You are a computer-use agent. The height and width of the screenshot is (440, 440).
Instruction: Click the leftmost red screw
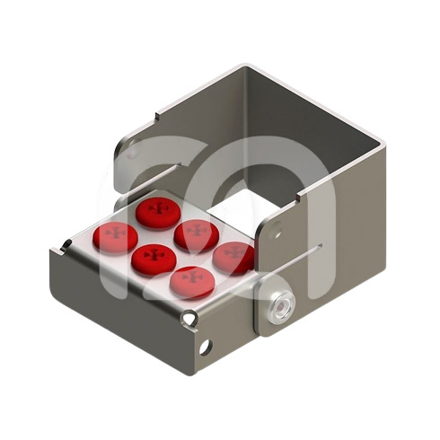pyautogui.click(x=115, y=236)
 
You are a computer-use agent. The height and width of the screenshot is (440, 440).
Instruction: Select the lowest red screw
pyautogui.click(x=191, y=280)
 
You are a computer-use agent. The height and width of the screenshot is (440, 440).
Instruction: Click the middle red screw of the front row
pyautogui.click(x=154, y=259)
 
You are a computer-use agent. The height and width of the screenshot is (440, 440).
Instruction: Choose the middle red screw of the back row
pyautogui.click(x=197, y=233)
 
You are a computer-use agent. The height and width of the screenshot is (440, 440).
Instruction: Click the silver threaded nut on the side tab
pyautogui.click(x=279, y=305)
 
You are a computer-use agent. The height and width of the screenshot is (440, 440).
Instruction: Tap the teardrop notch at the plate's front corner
pyautogui.click(x=189, y=317)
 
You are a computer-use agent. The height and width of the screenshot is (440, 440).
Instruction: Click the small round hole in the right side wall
pyautogui.click(x=278, y=236)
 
